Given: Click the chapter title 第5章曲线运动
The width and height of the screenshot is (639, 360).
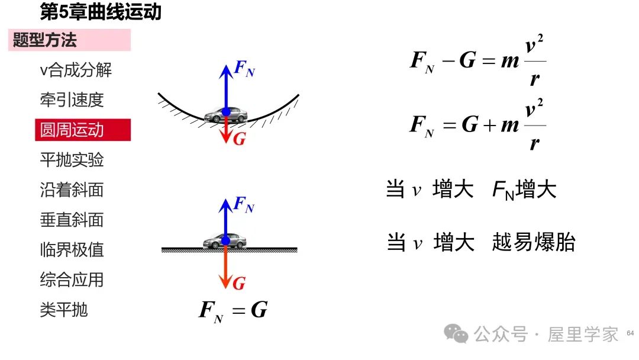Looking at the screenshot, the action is pyautogui.click(x=101, y=11).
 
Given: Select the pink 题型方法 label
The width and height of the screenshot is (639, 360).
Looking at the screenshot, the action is pyautogui.click(x=69, y=40).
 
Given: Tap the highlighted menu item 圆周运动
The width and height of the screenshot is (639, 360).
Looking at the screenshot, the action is pyautogui.click(x=83, y=130).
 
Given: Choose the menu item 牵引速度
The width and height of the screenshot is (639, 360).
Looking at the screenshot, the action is pyautogui.click(x=72, y=100).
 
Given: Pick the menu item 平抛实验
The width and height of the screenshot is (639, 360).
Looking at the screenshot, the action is pyautogui.click(x=72, y=160).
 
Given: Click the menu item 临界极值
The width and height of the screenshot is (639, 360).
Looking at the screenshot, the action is pyautogui.click(x=72, y=249).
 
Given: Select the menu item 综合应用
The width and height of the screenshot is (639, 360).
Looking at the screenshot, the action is pyautogui.click(x=72, y=279).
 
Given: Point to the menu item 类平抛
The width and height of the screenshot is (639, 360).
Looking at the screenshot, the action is pyautogui.click(x=64, y=310).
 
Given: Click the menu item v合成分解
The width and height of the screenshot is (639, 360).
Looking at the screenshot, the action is pyautogui.click(x=76, y=70).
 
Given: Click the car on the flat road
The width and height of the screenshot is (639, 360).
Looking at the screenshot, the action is pyautogui.click(x=225, y=240).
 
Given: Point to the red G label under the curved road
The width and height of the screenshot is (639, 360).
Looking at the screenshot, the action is pyautogui.click(x=240, y=139).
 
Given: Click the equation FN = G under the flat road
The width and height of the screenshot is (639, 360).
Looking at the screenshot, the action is pyautogui.click(x=233, y=311).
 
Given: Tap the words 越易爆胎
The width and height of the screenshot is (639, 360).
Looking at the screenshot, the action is pyautogui.click(x=534, y=242).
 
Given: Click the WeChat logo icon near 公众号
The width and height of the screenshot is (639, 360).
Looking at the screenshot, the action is pyautogui.click(x=456, y=333).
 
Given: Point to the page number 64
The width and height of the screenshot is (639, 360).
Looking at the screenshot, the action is pyautogui.click(x=631, y=333).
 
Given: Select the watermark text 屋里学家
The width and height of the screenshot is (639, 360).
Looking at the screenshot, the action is pyautogui.click(x=583, y=335).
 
